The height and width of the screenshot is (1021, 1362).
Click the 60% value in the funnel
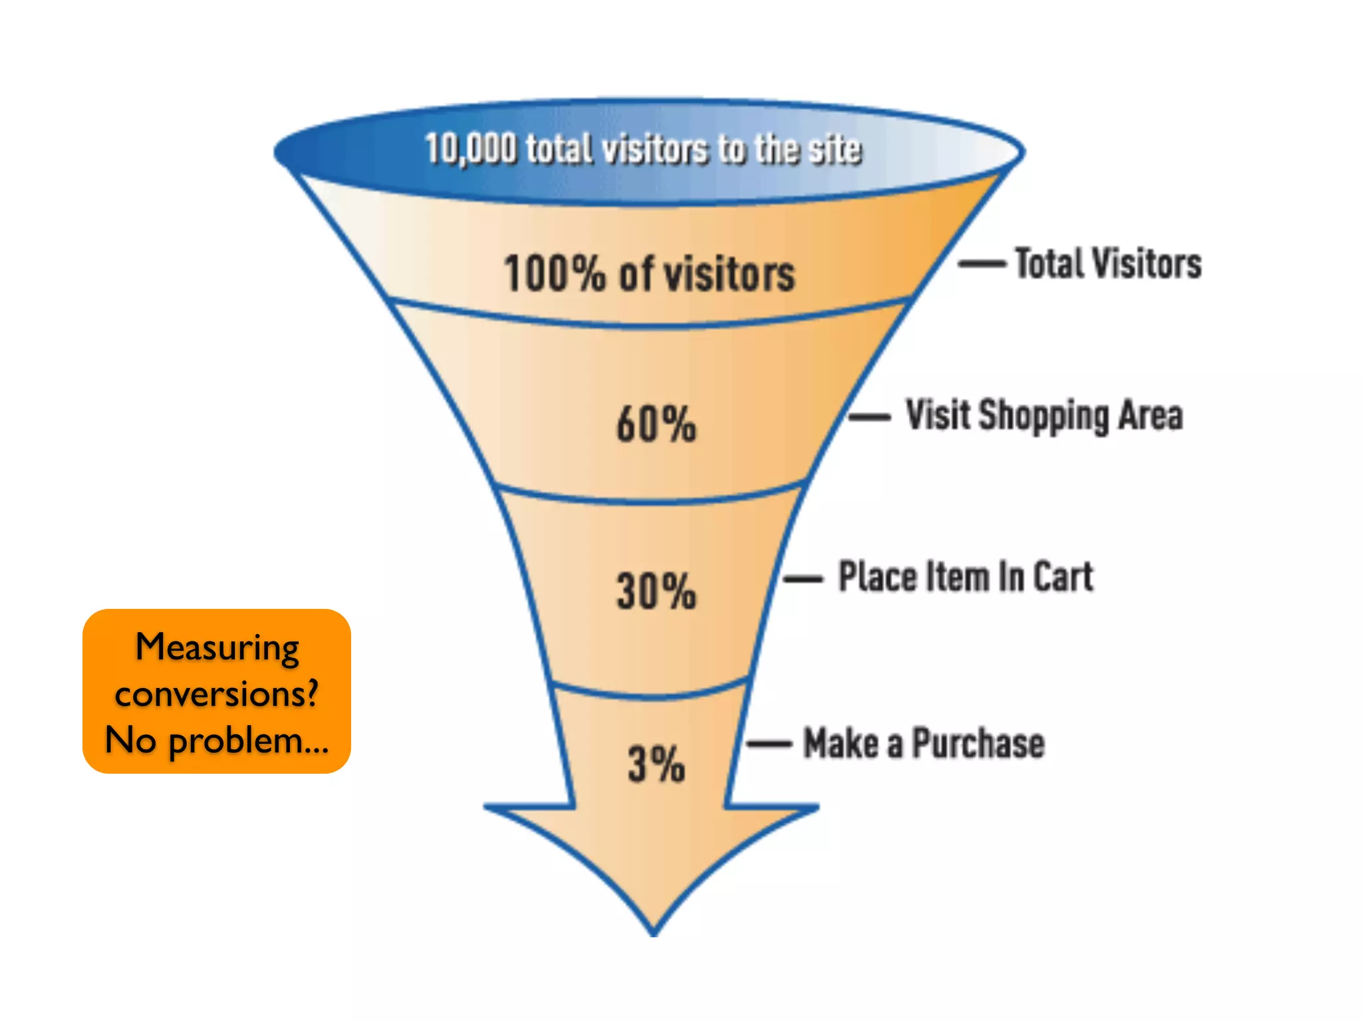point(656,424)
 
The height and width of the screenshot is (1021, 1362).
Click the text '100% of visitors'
point(649,273)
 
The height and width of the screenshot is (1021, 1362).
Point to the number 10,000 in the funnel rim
point(470,148)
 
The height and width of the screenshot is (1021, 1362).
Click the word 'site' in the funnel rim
point(835,149)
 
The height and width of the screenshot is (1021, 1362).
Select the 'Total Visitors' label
point(1108,263)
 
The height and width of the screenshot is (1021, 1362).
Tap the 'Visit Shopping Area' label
point(1044,416)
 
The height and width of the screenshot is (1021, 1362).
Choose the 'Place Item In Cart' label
point(966,576)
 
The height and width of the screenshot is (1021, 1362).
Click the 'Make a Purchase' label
point(924,743)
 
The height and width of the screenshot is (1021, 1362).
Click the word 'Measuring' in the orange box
point(217,647)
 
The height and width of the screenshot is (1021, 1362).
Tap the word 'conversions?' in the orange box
point(217,693)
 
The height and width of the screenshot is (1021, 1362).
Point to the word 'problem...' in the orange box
point(249,740)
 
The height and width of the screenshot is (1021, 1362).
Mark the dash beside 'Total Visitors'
point(982,264)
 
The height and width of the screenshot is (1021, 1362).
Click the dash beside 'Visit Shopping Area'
point(869,417)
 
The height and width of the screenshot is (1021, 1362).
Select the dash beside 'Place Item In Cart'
point(803,579)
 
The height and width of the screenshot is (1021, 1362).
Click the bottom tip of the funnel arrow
point(654,933)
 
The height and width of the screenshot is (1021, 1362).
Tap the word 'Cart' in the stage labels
point(1063,576)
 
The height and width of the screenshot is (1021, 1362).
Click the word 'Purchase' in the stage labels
point(978,743)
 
